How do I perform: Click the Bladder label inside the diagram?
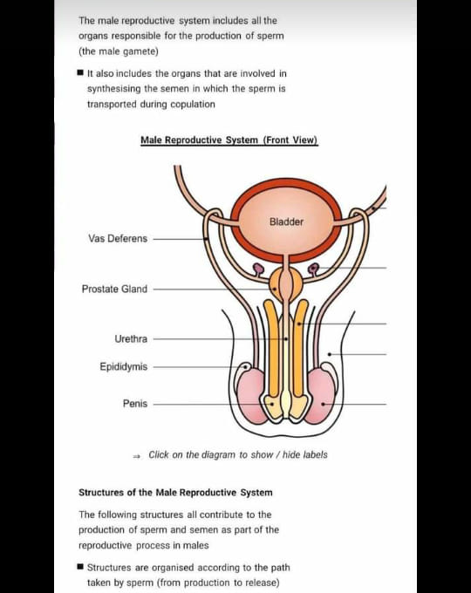pos(286,222)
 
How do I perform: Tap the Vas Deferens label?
pos(118,239)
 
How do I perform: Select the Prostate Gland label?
pos(114,289)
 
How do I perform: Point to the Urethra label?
pos(131,339)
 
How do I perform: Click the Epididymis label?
pos(123,367)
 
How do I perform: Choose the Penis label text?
pos(135,404)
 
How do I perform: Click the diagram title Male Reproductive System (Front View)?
pos(229,140)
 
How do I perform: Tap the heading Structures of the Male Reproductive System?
pos(175,493)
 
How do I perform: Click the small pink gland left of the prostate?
pos(258,269)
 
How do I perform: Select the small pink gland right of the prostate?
pos(313,269)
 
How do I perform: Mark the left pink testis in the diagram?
pos(250,396)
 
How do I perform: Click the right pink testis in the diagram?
pos(321,396)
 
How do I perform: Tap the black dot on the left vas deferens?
pos(206,239)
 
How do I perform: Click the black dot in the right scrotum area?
pos(330,354)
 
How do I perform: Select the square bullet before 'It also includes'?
pos(80,72)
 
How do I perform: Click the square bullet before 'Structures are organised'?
pos(80,567)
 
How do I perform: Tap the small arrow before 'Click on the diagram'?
pos(137,456)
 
